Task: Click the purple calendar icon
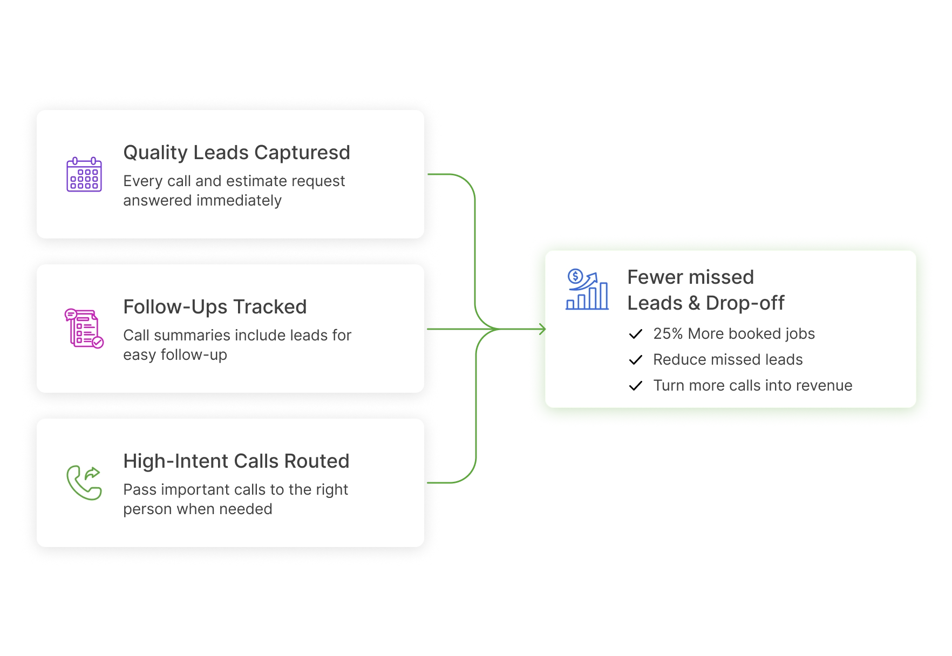coord(84,174)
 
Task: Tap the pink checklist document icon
coord(84,329)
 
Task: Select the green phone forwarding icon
coord(84,483)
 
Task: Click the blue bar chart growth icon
coord(587,290)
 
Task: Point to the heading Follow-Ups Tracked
coord(215,307)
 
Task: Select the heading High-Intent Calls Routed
coord(236,461)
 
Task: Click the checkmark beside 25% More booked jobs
coord(636,334)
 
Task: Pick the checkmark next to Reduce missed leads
coord(636,360)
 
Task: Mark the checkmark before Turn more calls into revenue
coord(636,386)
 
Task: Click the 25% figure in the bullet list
coord(668,334)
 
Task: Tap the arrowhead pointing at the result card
coord(542,329)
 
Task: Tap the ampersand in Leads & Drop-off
coord(694,303)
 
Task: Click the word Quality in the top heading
coord(155,153)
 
